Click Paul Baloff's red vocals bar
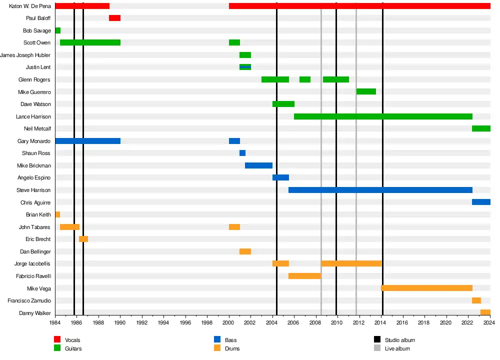(x=114, y=18)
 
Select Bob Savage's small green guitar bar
(x=57, y=30)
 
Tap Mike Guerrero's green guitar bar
(x=366, y=91)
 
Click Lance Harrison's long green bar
(x=383, y=116)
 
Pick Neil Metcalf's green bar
(x=481, y=128)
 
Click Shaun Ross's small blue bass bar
(x=242, y=153)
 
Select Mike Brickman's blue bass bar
(x=258, y=165)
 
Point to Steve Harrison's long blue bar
(x=380, y=190)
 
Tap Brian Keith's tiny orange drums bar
(x=57, y=214)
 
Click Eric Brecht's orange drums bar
(x=83, y=239)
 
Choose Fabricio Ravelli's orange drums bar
(x=304, y=276)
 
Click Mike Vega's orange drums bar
(x=426, y=288)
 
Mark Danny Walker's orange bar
(x=485, y=312)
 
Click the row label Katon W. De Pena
(x=30, y=6)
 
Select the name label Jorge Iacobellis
(x=32, y=263)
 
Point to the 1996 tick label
(x=185, y=323)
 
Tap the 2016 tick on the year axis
(x=402, y=323)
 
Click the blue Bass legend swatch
(x=217, y=340)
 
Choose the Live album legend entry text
(x=397, y=348)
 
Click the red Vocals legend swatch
(x=57, y=340)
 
